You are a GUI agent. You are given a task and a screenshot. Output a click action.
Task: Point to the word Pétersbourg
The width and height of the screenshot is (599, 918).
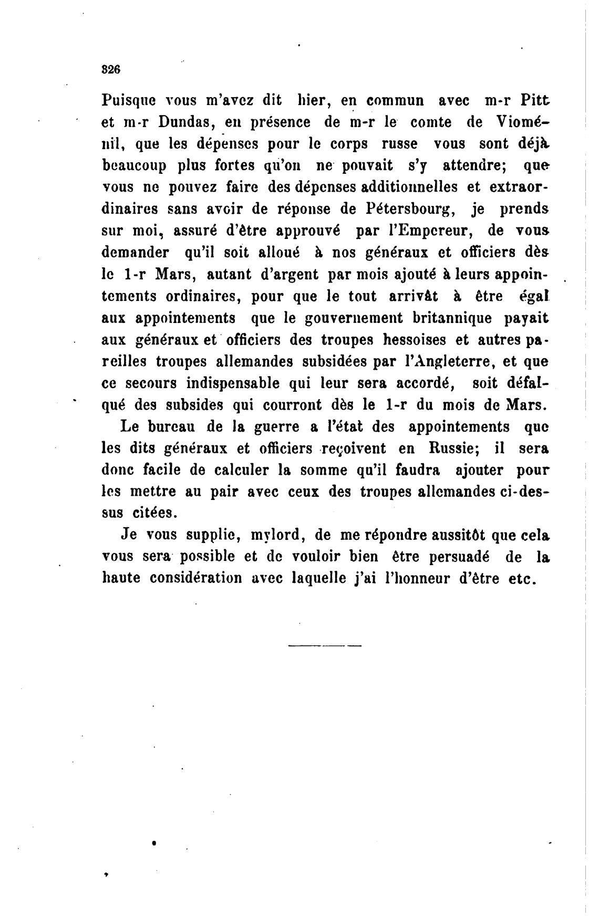[409, 209]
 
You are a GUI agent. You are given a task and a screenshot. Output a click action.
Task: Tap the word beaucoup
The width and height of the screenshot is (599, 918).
[133, 166]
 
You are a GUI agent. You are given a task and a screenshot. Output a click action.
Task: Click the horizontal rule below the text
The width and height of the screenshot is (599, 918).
[325, 645]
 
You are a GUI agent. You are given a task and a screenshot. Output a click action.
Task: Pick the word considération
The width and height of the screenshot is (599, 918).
[196, 578]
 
